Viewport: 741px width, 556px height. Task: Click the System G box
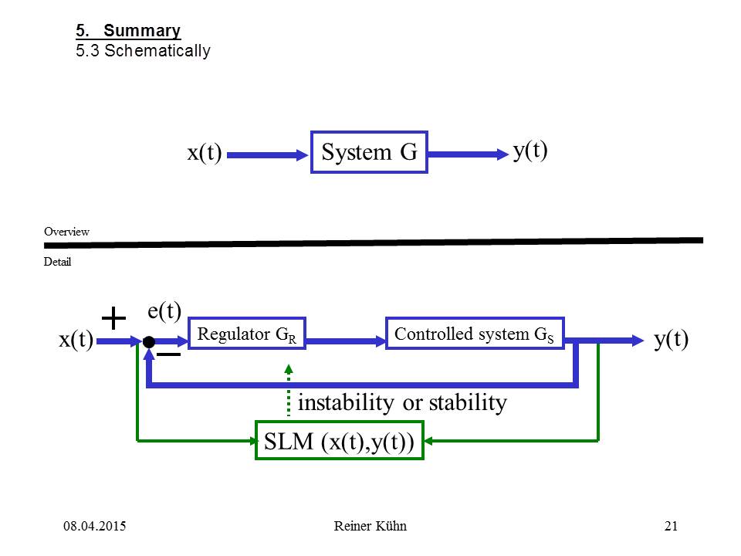pos(369,152)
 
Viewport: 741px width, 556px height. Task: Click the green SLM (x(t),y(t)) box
pos(340,441)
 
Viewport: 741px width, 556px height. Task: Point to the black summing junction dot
pos(148,341)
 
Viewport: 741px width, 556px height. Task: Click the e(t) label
pos(164,311)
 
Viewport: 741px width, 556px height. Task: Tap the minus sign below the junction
pos(169,354)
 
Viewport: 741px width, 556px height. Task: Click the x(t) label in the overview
pos(205,153)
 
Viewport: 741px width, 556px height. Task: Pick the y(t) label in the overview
pos(530,150)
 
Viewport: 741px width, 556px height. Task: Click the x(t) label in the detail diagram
pos(76,341)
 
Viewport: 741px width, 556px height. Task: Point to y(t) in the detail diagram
pos(671,341)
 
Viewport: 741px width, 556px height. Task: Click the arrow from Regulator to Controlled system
pos(345,341)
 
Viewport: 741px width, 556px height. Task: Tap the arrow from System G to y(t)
pos(466,154)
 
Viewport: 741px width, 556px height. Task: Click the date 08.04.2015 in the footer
pos(94,527)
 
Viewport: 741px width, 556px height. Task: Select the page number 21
pos(671,527)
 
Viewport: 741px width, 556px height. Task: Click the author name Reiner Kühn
pos(370,527)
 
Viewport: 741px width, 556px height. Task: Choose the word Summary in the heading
pos(142,32)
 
